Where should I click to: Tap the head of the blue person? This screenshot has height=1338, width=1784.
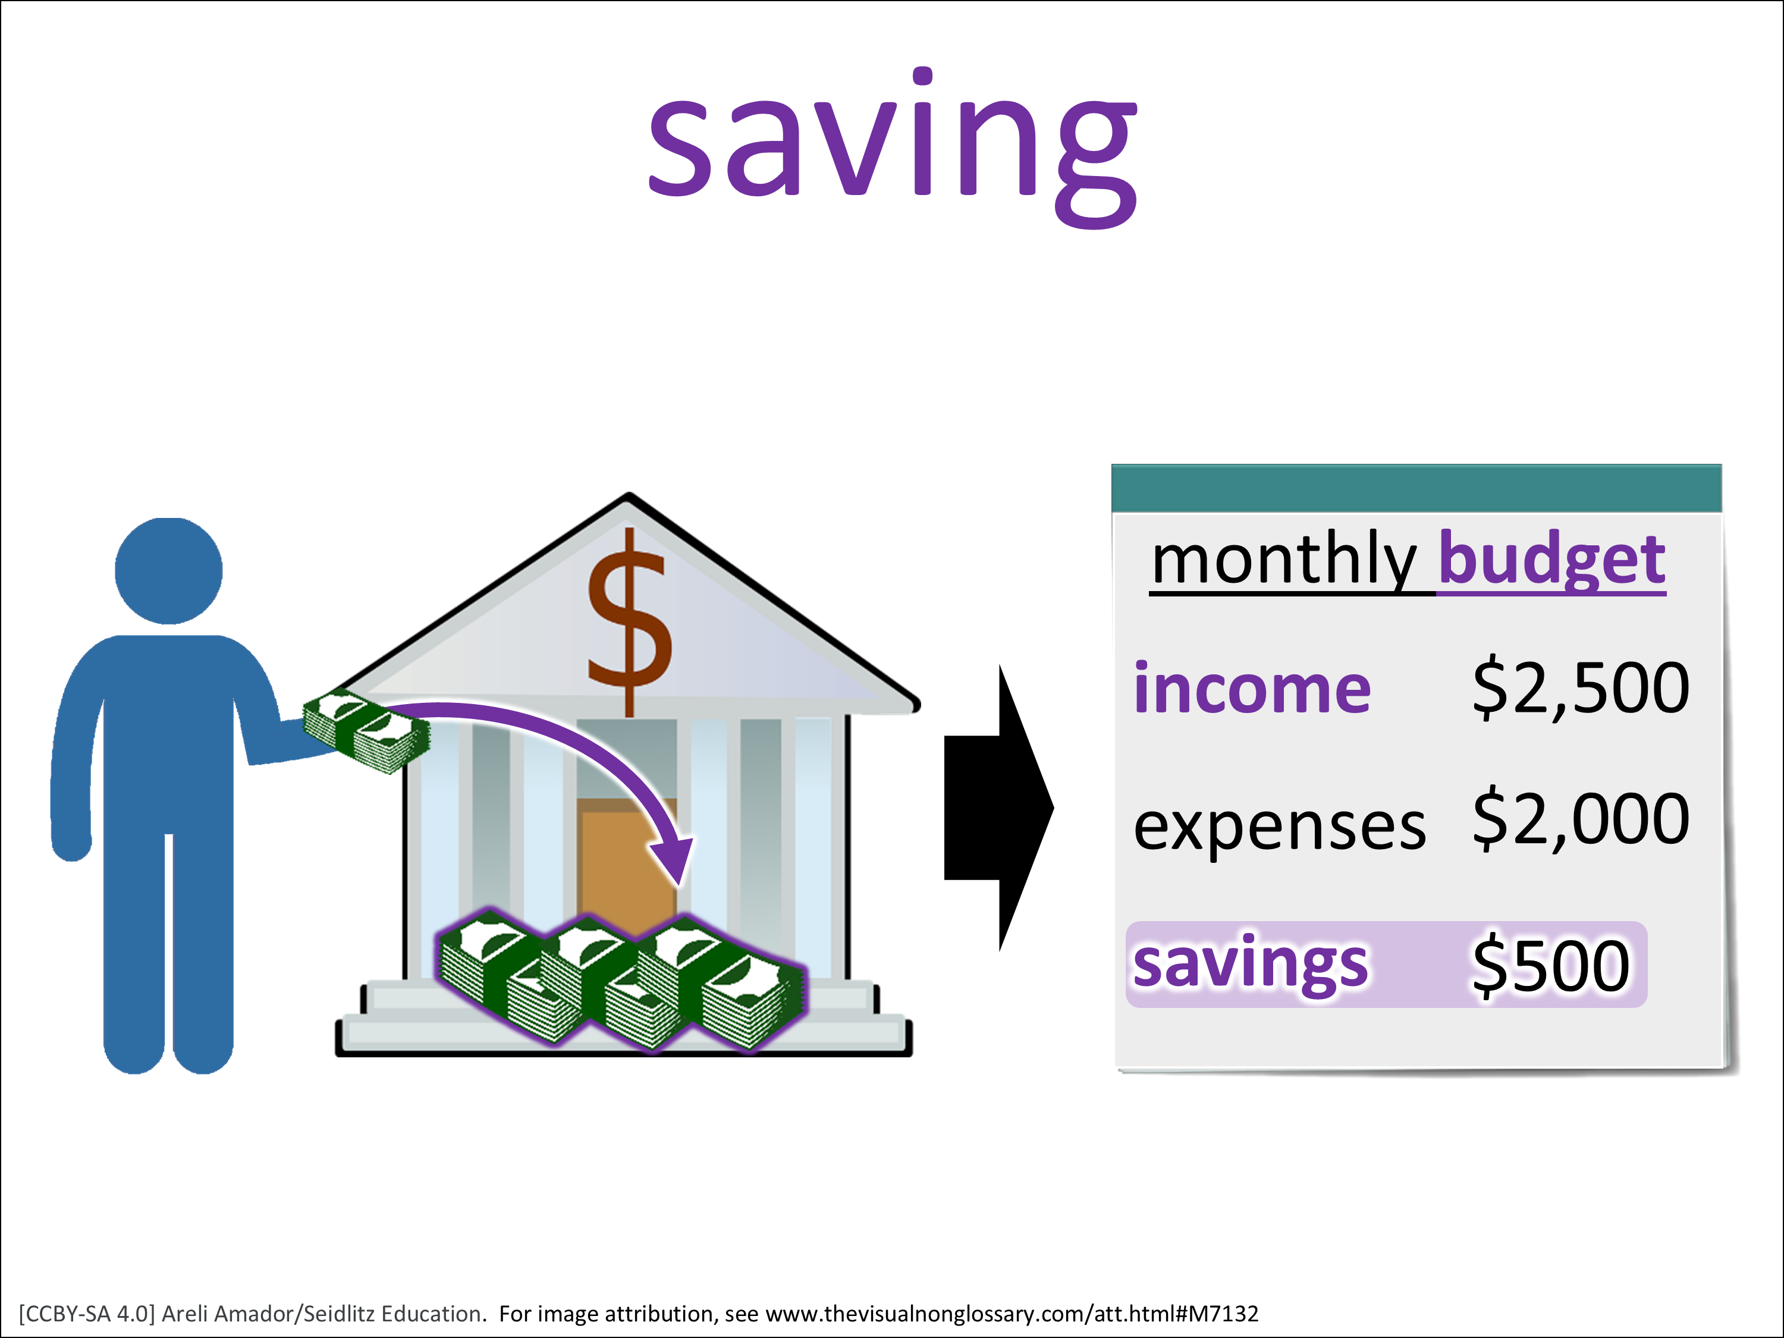168,570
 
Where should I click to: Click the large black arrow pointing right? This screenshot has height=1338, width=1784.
998,808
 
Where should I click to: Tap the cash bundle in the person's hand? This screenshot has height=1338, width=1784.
366,731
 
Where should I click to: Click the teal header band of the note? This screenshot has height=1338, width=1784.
1416,488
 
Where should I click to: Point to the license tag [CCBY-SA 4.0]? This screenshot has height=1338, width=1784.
86,1314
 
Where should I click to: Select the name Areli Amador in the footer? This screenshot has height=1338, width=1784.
228,1314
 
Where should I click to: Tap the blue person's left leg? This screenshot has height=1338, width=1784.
204,951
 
